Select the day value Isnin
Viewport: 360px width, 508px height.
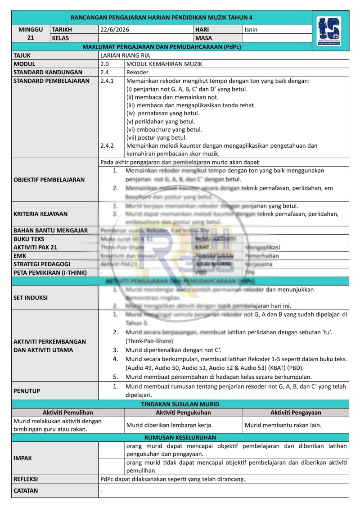(x=252, y=30)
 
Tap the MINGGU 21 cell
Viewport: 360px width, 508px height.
(x=31, y=34)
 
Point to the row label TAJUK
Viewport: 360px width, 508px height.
(x=22, y=55)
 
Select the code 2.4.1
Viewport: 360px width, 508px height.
(x=107, y=81)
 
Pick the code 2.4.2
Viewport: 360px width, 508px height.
(x=107, y=146)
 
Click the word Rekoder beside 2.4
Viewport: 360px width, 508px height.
(x=137, y=72)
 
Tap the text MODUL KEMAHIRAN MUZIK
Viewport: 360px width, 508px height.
(x=164, y=64)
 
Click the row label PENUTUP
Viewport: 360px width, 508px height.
(x=27, y=391)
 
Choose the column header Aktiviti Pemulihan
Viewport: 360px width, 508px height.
(x=67, y=413)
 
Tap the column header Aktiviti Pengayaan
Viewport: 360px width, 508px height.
(x=296, y=413)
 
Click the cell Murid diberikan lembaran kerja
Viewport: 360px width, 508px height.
(x=170, y=425)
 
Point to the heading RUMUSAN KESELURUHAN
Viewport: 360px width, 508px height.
(x=180, y=437)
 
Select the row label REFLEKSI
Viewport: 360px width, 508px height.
(x=26, y=479)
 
